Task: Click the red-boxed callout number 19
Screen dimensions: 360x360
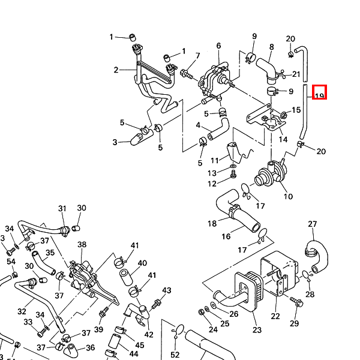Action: [x=319, y=94]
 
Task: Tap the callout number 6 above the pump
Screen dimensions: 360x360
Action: [x=218, y=46]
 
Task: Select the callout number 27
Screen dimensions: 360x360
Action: [x=312, y=224]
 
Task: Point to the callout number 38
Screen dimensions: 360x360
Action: [x=82, y=245]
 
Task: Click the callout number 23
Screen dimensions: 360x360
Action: [x=257, y=329]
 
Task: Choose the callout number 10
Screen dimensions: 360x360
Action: [x=288, y=196]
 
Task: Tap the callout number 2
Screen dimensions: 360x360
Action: [x=116, y=70]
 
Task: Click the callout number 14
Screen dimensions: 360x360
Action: [x=283, y=139]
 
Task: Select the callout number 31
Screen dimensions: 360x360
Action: [x=62, y=208]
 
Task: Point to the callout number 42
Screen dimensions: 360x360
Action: [x=149, y=335]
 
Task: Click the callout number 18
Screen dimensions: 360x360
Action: [x=212, y=224]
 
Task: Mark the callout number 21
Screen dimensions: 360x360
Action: [x=296, y=74]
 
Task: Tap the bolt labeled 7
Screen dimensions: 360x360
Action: [x=184, y=75]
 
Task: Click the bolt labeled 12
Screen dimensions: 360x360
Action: [x=233, y=175]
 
